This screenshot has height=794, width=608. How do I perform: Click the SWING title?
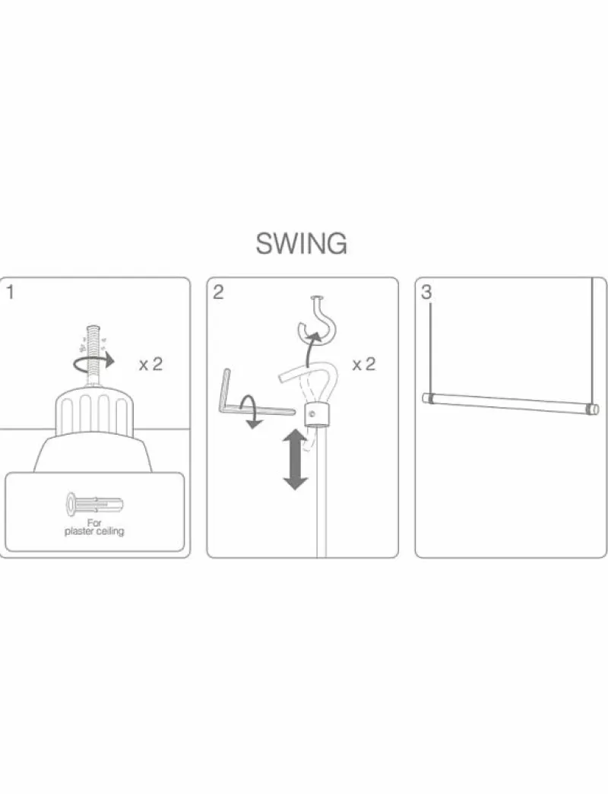tap(301, 243)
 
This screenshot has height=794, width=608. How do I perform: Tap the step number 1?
tap(10, 293)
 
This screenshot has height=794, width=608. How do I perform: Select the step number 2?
tap(218, 293)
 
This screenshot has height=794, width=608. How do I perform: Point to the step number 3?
tap(426, 293)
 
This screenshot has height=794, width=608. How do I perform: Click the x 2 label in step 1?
tap(151, 364)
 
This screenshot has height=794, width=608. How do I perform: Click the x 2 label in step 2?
tap(364, 364)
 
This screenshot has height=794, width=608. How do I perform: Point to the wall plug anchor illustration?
tap(94, 505)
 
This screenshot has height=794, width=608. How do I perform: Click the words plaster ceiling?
tap(94, 531)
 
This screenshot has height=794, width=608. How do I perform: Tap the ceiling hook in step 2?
tap(316, 321)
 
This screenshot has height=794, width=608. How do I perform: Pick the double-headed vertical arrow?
tap(296, 459)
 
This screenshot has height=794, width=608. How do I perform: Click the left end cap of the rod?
tap(427, 398)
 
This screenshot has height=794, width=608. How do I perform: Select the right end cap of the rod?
tap(592, 409)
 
